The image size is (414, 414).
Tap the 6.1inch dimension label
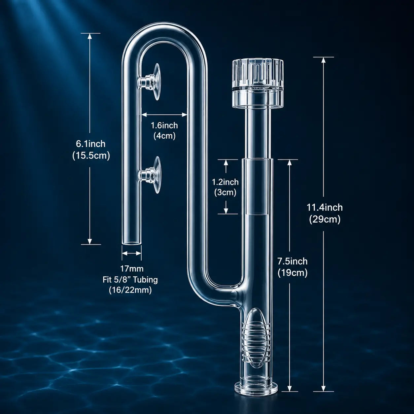(91, 144)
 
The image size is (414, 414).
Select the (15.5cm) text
(91, 156)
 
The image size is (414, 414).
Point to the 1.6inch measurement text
(164, 125)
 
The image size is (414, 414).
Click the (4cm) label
(164, 136)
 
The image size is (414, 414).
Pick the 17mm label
(132, 268)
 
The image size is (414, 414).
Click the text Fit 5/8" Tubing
(130, 280)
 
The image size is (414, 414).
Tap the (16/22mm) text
(130, 290)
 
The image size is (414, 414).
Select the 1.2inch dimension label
(225, 182)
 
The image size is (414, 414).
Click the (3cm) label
(225, 192)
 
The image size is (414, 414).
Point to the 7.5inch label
(293, 261)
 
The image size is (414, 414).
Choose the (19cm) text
(293, 273)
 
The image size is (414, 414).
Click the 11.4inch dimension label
(325, 208)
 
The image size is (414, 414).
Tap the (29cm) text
(325, 220)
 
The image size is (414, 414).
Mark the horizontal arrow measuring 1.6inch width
(164, 115)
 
